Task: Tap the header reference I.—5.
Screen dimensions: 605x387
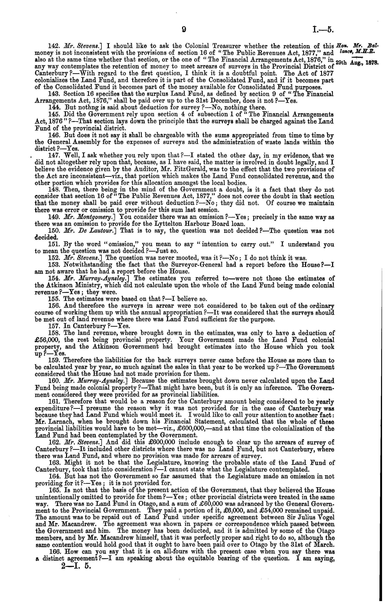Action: (323, 30)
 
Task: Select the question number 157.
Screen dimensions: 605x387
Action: (53, 326)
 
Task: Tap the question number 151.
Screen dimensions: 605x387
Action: (53, 244)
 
